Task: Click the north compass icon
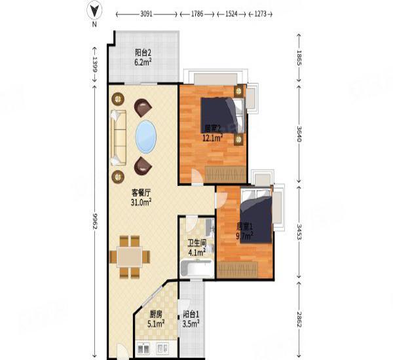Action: pos(95,11)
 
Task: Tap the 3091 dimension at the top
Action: pos(146,13)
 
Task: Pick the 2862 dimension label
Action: pos(299,320)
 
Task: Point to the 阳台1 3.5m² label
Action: pos(192,318)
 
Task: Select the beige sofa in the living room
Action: pos(119,137)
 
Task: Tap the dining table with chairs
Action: pos(129,254)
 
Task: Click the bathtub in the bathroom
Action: pos(195,268)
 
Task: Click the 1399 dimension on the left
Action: pos(95,64)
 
